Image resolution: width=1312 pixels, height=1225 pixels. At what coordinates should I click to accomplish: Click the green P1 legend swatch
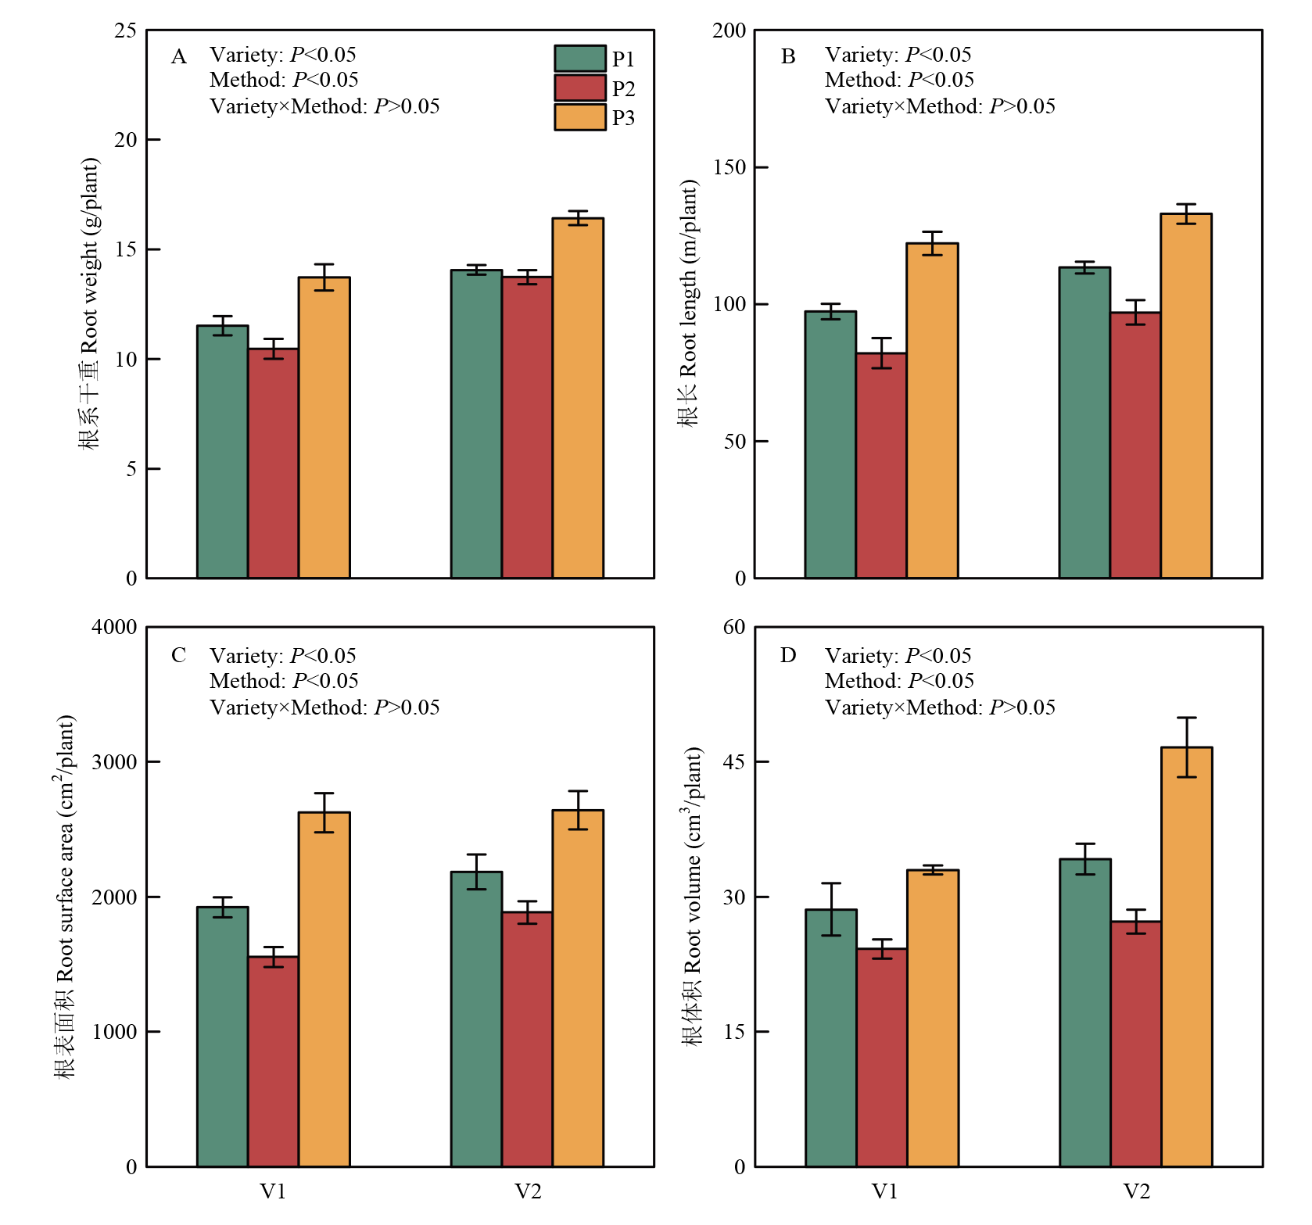[x=579, y=59]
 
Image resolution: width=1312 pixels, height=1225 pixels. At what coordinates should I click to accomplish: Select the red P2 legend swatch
[x=579, y=88]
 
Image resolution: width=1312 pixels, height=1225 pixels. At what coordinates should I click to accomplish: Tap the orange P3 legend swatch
[x=579, y=117]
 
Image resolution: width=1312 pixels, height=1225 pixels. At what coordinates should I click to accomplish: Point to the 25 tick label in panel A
[x=125, y=30]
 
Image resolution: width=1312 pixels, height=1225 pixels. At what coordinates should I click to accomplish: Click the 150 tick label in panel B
[x=729, y=167]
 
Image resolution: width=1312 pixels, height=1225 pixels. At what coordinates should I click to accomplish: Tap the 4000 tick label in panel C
[x=114, y=627]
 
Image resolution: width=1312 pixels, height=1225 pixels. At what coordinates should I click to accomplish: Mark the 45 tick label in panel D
[x=734, y=761]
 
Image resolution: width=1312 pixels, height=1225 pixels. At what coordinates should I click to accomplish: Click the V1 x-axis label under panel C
[x=273, y=1191]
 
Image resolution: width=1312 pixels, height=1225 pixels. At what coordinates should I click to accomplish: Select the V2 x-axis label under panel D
[x=1136, y=1191]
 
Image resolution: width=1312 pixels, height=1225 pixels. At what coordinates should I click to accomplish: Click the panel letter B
[x=787, y=56]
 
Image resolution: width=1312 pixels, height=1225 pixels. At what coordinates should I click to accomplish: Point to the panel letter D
[x=787, y=655]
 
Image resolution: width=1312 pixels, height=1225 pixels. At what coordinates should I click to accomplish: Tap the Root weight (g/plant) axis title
[x=89, y=303]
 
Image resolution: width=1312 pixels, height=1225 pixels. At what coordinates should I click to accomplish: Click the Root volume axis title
[x=693, y=895]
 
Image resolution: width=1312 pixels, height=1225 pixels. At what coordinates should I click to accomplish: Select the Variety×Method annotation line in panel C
[x=324, y=707]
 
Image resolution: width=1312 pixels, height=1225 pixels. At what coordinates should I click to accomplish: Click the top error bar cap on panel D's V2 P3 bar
[x=1186, y=718]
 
